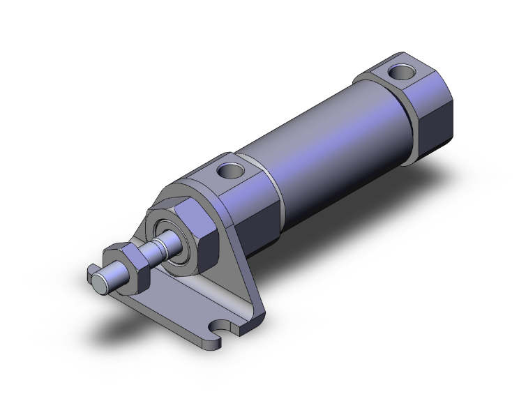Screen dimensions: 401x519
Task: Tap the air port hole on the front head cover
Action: (229, 169)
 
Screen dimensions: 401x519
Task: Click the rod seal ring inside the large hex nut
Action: (167, 234)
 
